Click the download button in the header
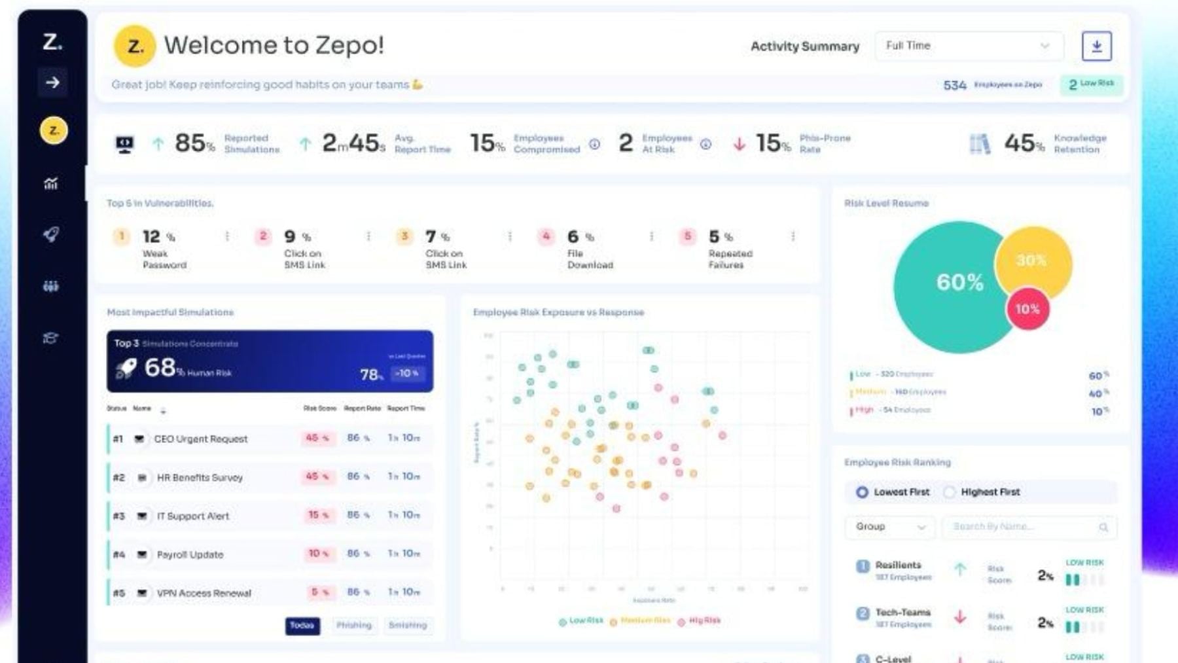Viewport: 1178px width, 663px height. pos(1096,46)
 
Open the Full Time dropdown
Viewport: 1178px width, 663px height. pos(969,46)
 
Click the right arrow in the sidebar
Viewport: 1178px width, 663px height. pos(52,82)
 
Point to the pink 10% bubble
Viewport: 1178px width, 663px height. pos(1027,309)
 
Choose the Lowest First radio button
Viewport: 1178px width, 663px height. pos(862,492)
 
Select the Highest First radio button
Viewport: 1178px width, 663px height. pos(949,492)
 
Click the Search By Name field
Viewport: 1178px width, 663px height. pos(1027,527)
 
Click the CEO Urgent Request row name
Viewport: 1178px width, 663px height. pos(200,439)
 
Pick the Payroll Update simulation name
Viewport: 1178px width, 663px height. pos(190,555)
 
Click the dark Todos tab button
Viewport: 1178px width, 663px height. pos(302,626)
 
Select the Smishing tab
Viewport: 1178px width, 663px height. pos(407,626)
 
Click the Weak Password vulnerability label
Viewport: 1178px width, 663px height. pos(164,259)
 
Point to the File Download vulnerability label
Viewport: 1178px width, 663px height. pos(590,259)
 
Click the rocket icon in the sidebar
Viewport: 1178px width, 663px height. pos(51,234)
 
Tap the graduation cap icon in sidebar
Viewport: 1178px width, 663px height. pos(51,338)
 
